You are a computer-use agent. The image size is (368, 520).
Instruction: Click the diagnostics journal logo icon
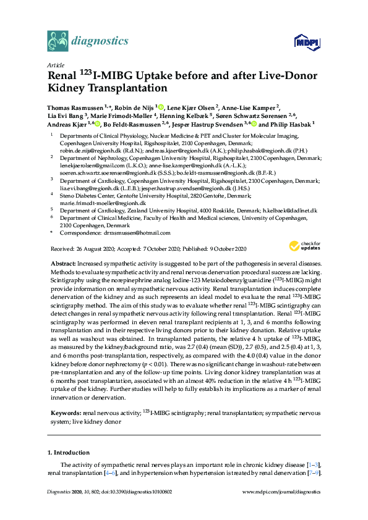[x=58, y=41]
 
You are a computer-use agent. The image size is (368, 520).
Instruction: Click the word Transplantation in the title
[x=111, y=90]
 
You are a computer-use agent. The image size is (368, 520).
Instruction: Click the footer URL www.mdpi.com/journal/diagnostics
[x=282, y=492]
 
